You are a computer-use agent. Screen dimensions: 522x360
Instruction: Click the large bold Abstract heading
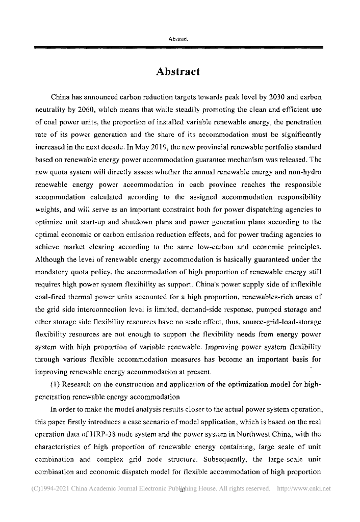tap(178, 71)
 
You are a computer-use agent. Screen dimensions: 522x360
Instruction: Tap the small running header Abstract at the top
tap(178, 39)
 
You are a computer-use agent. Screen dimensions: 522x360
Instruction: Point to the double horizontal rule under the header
tap(178, 47)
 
